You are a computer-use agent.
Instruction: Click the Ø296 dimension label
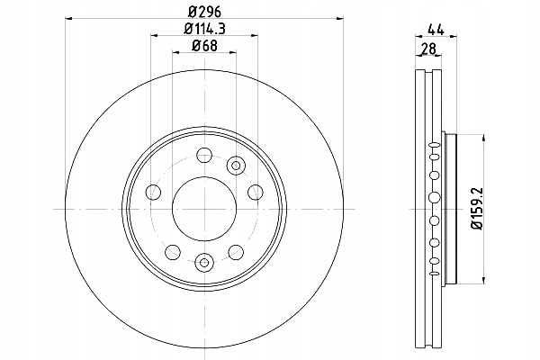tap(204, 12)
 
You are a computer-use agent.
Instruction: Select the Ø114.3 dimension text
tap(204, 29)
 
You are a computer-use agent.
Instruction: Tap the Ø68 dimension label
tap(204, 46)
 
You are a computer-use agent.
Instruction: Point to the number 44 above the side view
tap(436, 30)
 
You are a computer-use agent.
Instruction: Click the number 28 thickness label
tap(428, 49)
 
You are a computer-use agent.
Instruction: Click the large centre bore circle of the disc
tap(204, 209)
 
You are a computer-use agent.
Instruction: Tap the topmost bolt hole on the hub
tap(204, 155)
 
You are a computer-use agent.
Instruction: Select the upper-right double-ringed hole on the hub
tap(236, 166)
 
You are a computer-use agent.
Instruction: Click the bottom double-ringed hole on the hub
tap(204, 262)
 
